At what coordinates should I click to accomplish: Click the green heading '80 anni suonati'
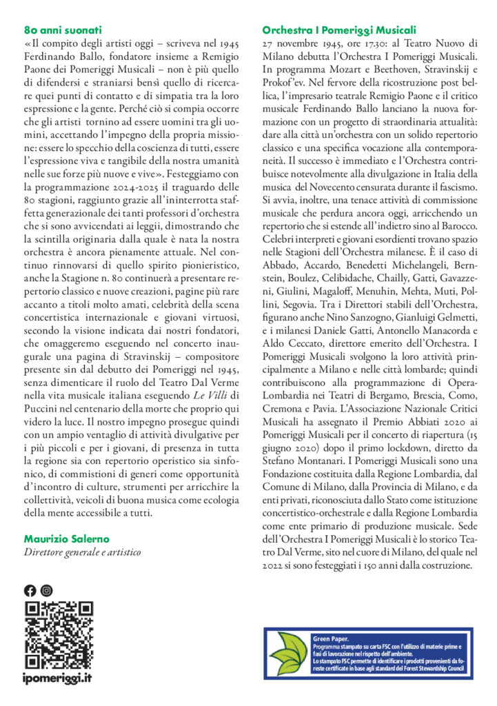tap(63, 30)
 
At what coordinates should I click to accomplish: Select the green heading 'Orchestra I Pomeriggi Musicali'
tap(340, 30)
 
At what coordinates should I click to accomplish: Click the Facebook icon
tap(30, 590)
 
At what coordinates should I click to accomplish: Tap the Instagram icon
tap(46, 590)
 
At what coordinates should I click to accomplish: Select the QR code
tap(59, 634)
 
